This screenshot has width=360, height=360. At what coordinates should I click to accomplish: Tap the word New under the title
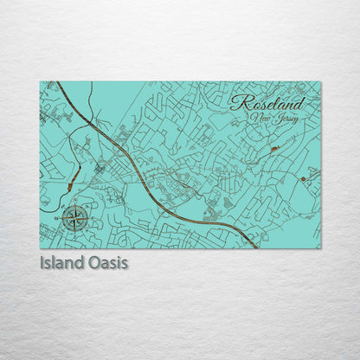258,117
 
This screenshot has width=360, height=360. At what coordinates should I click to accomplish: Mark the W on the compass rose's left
61,220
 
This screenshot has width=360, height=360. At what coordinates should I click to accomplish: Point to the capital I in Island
42,261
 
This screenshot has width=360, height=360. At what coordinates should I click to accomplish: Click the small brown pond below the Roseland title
273,149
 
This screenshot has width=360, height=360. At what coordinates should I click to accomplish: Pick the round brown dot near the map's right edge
303,179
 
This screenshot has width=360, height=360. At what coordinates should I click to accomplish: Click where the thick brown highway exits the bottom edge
256,247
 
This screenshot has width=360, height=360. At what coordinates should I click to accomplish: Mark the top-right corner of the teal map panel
320,81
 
